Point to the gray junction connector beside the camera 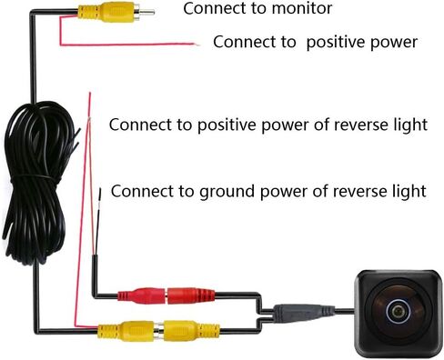[296, 311]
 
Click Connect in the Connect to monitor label [212, 10]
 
